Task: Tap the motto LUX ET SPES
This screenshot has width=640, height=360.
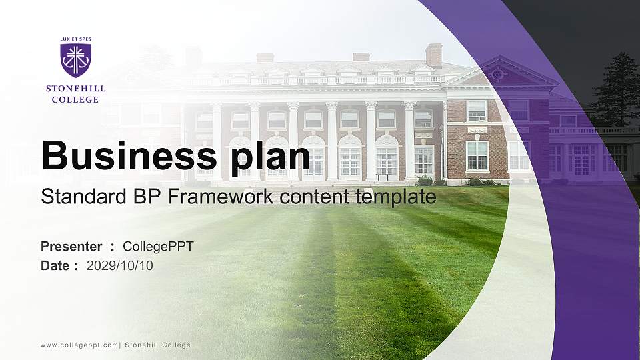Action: pos(75,40)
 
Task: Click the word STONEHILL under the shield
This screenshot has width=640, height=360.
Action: pos(75,88)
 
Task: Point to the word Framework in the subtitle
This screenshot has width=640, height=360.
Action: pos(223,197)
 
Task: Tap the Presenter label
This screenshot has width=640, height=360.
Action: pos(71,247)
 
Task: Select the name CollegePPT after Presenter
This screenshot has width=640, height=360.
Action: pos(158,247)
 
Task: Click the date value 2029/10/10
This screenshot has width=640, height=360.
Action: pos(120,265)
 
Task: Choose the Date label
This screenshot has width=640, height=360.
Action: pos(55,265)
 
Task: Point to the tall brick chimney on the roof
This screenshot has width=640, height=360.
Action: pos(433,55)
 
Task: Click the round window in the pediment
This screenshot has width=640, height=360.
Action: pos(496,75)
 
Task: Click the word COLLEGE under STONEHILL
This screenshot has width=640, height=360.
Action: pos(75,99)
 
